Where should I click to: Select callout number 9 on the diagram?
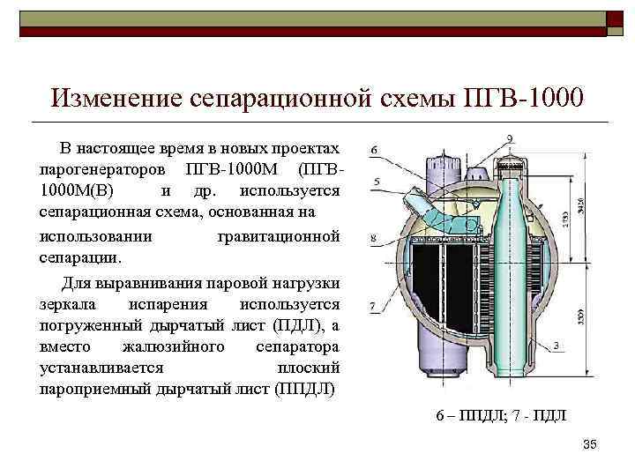(x=512, y=138)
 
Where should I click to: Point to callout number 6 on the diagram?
(x=374, y=151)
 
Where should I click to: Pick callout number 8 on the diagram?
(x=374, y=238)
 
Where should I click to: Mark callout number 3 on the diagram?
(x=557, y=344)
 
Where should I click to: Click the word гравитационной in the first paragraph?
(x=278, y=237)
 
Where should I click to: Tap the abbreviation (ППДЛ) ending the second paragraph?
(x=305, y=389)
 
